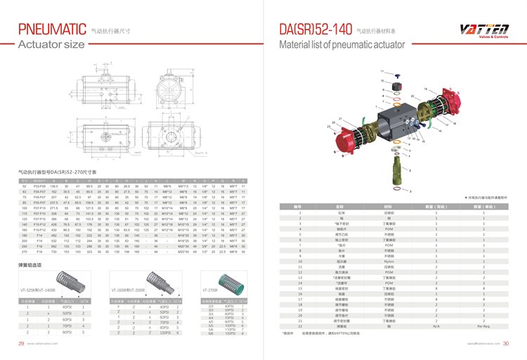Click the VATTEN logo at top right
(x=484, y=30)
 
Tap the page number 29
(x=22, y=344)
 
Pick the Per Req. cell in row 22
(x=483, y=326)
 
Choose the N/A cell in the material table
(x=436, y=326)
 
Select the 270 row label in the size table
(x=24, y=251)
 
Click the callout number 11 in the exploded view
(x=382, y=72)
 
